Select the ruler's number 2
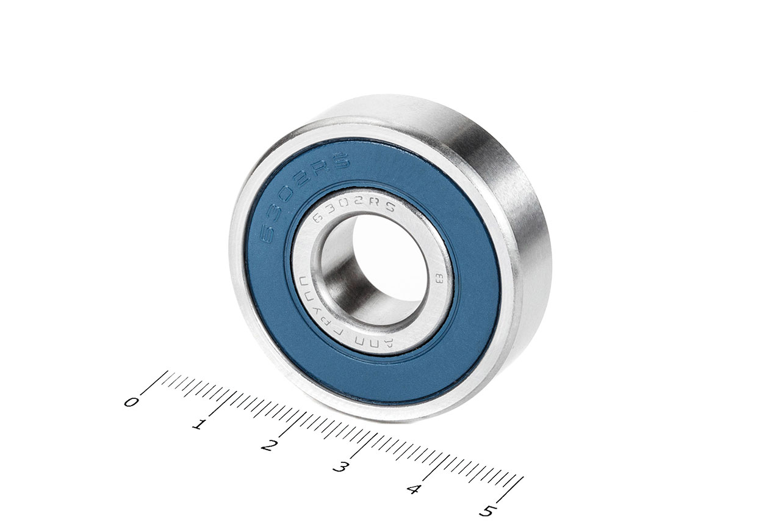pos(267,446)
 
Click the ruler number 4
pos(414,489)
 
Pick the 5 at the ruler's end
pos(486,511)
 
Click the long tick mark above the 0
pos(156,382)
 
